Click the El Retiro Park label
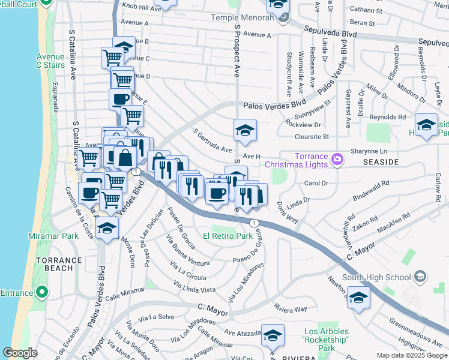point(228,236)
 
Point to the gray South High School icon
point(420,277)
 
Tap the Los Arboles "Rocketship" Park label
point(326,340)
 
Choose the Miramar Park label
point(53,236)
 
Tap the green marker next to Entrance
point(41,293)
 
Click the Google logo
point(20,353)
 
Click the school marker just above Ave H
point(245,130)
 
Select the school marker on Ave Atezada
point(273,337)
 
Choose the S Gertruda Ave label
point(212,140)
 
